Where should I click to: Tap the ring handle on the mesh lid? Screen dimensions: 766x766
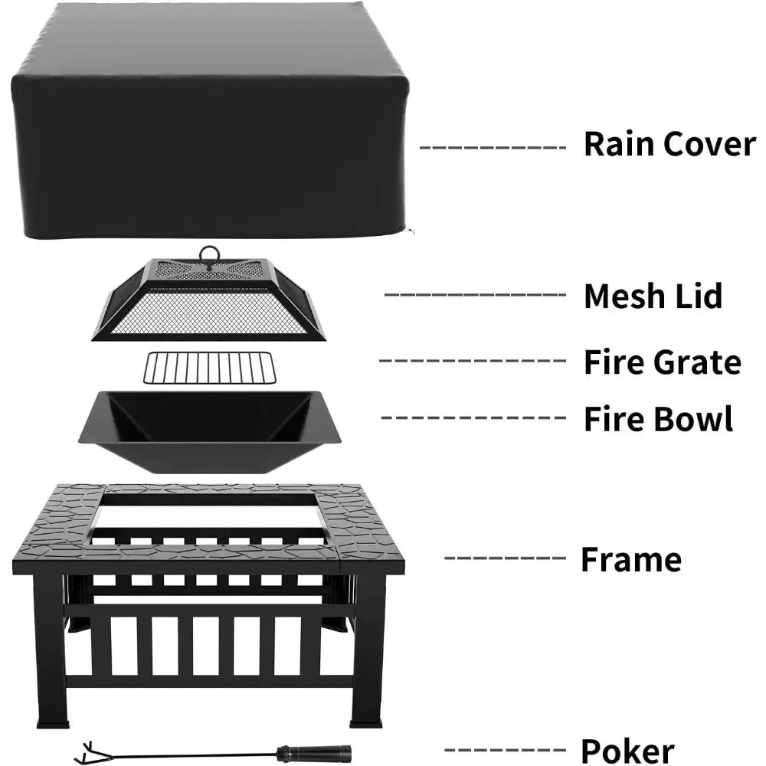[x=208, y=255]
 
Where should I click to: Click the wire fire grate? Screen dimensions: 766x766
[x=209, y=368]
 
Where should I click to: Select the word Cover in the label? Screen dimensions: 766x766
[x=709, y=144]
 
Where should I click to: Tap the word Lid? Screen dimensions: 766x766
[x=699, y=296]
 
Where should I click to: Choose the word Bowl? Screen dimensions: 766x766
[x=697, y=419]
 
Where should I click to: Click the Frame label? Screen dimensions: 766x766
[x=630, y=560]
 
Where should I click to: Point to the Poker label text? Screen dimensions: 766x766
[x=627, y=751]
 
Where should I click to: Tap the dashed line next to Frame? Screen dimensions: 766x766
[x=504, y=558]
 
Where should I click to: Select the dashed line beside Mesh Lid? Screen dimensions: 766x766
[x=475, y=295]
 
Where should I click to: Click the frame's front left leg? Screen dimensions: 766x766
[x=51, y=651]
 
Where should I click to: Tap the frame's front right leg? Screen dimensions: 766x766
[x=366, y=651]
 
